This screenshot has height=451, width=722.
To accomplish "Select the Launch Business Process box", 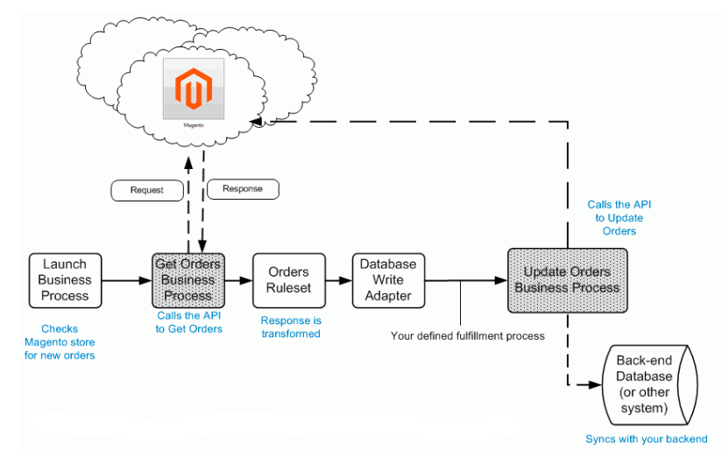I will [x=65, y=280].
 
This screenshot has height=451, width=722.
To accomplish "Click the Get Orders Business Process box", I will [x=188, y=280].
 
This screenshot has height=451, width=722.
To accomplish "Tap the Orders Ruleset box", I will [x=288, y=280].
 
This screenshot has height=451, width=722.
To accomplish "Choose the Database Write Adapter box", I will [x=388, y=280].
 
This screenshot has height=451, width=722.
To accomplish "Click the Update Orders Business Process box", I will [x=567, y=280].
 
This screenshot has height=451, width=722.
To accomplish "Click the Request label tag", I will [x=146, y=190].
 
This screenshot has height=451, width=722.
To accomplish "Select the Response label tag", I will [x=242, y=188].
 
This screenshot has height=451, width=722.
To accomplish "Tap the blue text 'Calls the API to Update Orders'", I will [x=619, y=218].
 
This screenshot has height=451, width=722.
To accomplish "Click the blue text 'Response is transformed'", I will [x=291, y=327].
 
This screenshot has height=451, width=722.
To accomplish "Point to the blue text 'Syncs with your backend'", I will [x=646, y=439].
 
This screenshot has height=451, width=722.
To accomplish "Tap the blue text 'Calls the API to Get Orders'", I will [x=189, y=322].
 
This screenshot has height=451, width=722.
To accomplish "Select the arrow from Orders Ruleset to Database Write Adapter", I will [x=338, y=281].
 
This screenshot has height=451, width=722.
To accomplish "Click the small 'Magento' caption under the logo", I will [x=194, y=125].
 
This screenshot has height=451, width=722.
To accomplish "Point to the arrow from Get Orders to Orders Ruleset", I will [x=237, y=281].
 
